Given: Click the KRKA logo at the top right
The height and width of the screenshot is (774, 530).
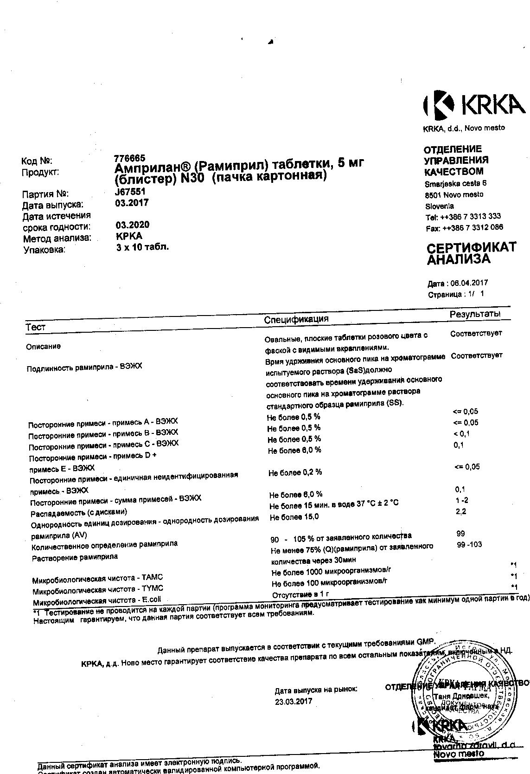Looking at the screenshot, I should click(473, 104).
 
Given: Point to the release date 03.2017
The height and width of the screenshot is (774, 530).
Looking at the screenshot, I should click(132, 203).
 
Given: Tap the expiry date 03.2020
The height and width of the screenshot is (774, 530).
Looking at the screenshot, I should click(133, 225).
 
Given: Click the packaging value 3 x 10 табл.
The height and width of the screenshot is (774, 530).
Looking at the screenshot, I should click(142, 247).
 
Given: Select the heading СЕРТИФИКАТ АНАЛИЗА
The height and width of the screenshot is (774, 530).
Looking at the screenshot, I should click(471, 253).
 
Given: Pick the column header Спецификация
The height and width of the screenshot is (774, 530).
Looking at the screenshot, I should click(296, 319).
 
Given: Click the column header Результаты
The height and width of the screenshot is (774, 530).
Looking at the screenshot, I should click(475, 315).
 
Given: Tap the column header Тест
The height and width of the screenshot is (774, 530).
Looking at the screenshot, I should click(36, 327).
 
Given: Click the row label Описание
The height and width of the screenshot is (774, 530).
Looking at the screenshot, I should click(43, 346).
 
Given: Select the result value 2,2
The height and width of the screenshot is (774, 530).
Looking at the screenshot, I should click(460, 511).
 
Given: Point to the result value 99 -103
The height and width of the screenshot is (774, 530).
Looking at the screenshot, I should click(469, 544).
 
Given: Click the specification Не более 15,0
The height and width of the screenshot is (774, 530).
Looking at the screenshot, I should click(294, 517).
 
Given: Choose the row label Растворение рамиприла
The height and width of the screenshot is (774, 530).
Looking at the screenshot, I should click(75, 557).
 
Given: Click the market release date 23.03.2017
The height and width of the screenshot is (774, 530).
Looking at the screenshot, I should click(294, 701).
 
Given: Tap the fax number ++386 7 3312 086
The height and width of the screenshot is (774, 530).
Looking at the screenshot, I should click(473, 227).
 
